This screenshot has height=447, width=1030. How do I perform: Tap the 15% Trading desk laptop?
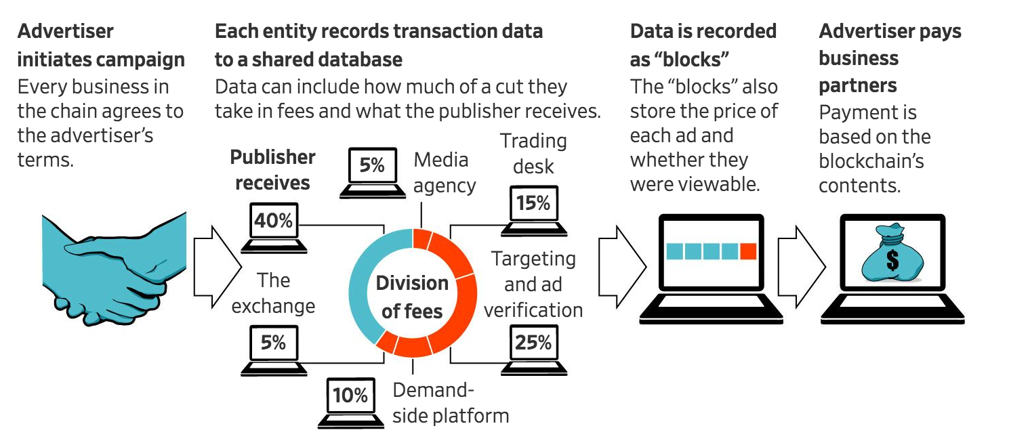[533, 209]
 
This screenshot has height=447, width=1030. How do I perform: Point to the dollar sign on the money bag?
[892, 259]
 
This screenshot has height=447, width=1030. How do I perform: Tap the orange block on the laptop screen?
[748, 252]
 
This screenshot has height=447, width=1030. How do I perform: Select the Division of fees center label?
[412, 297]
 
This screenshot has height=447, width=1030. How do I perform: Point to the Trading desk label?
[533, 153]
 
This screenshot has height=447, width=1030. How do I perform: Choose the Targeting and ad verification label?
[533, 284]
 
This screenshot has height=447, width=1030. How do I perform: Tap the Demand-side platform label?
[450, 402]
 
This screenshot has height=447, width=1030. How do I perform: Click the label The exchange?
[273, 293]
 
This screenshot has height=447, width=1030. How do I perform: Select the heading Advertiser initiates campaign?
[100, 45]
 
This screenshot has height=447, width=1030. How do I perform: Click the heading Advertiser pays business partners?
[890, 58]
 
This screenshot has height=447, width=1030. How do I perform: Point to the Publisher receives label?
[272, 169]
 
